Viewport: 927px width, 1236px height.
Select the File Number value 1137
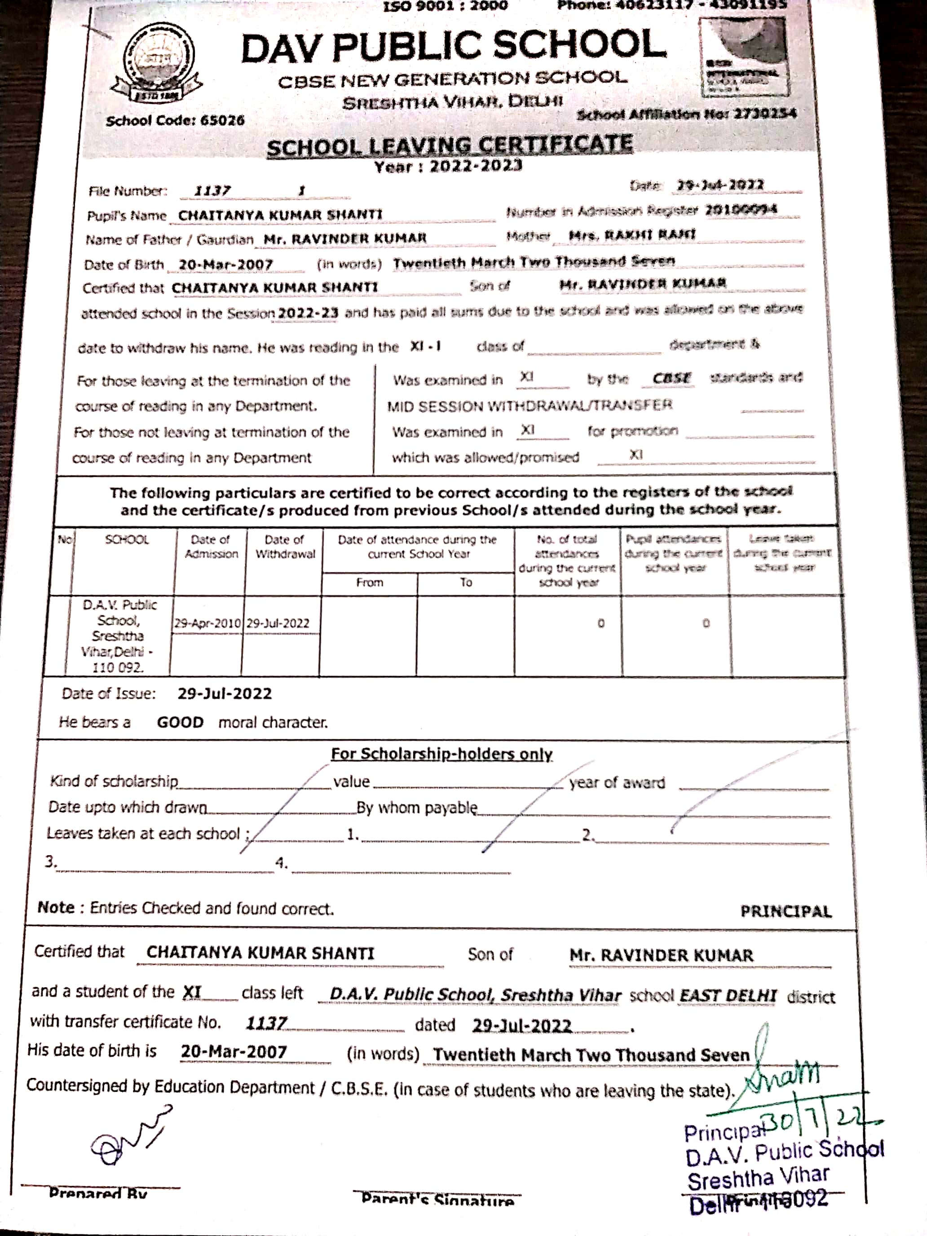(x=212, y=191)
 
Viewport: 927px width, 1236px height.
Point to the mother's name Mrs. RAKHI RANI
(x=631, y=235)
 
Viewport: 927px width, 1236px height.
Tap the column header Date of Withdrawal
(x=284, y=547)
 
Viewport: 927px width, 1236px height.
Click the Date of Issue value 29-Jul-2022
(x=225, y=693)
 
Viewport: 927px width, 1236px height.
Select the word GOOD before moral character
(x=180, y=723)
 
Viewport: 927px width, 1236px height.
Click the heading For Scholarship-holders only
(x=441, y=754)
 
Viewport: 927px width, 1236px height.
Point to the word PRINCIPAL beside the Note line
(x=786, y=911)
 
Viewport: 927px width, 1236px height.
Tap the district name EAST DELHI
(x=728, y=996)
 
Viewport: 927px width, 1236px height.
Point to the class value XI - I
(x=425, y=346)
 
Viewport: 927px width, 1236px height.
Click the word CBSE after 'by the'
(x=671, y=378)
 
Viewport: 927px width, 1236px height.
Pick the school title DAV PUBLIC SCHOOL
(x=453, y=48)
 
